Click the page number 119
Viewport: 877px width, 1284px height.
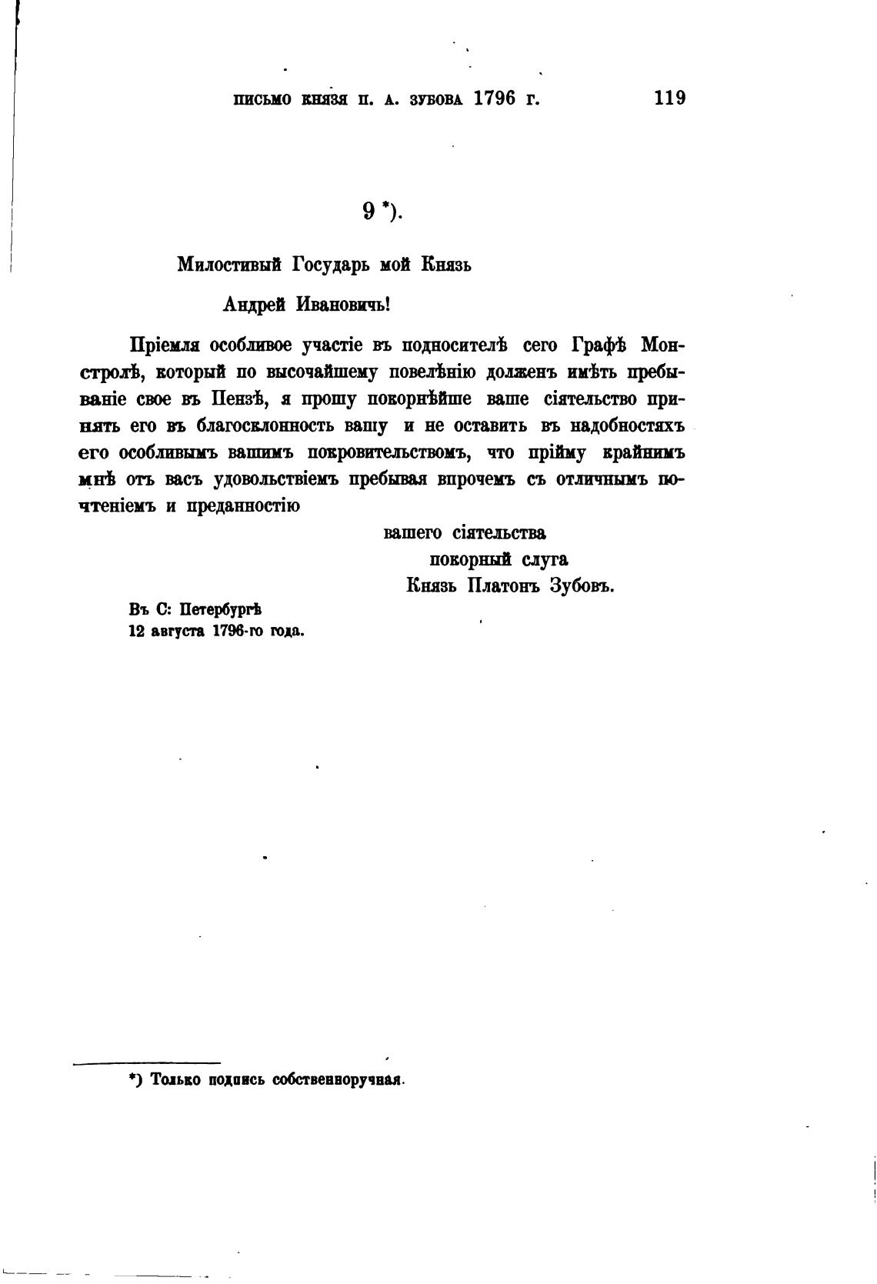coord(669,98)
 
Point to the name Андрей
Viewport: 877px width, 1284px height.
coord(249,304)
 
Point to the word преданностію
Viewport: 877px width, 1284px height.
coord(243,506)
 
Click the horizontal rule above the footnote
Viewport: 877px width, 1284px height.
coord(147,1063)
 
